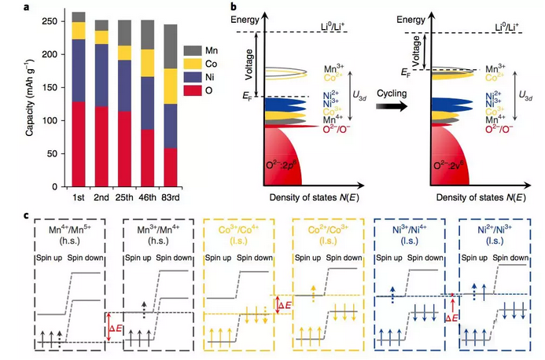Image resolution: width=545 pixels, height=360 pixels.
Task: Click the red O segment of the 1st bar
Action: click(x=79, y=145)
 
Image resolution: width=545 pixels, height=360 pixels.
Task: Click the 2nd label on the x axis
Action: click(x=101, y=196)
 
